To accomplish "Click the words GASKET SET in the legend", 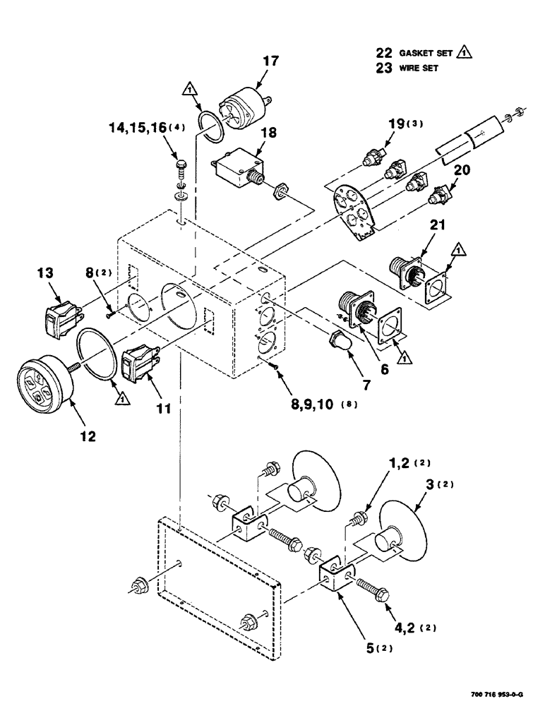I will pyautogui.click(x=421, y=52).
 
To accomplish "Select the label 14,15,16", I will pyautogui.click(x=137, y=128).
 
